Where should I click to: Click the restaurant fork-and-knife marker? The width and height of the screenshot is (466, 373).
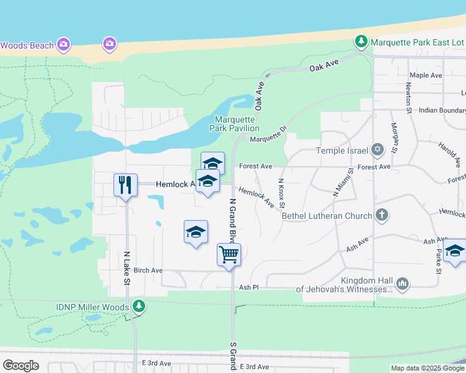coord(125,185)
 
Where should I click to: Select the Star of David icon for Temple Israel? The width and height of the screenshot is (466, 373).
coord(377,150)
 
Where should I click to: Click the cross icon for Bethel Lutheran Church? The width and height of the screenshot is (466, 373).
coord(382,215)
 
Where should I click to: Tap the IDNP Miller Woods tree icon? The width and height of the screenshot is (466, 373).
coord(138,306)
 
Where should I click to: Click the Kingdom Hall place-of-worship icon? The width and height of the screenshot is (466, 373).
coord(402,283)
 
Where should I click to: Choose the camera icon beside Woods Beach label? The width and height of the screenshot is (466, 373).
coord(63,44)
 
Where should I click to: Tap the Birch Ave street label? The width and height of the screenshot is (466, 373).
coord(148,270)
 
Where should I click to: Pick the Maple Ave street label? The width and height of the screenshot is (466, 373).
coord(426,75)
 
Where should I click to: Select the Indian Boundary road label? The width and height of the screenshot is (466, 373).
coord(442,110)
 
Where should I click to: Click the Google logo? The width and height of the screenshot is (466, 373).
coord(21,366)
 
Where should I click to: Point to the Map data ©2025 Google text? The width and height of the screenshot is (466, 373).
coord(427,368)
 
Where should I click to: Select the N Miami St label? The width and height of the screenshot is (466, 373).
coord(343,182)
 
